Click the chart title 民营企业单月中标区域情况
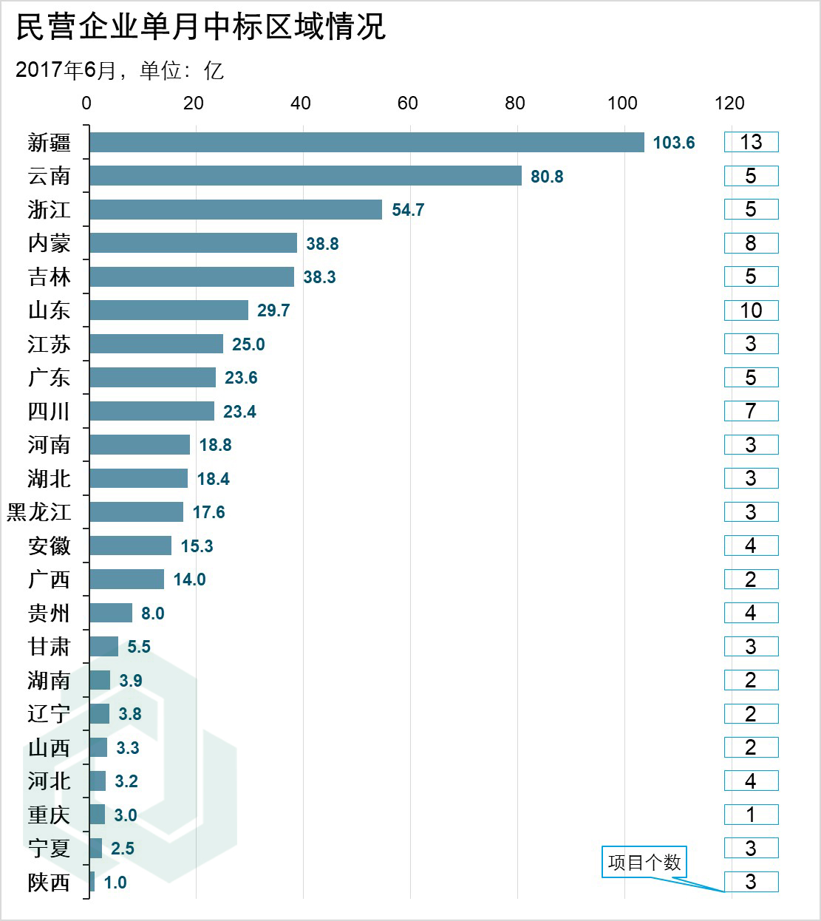pyautogui.click(x=201, y=27)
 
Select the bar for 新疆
pyautogui.click(x=367, y=142)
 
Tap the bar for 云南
pyautogui.click(x=305, y=176)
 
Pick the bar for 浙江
pyautogui.click(x=236, y=209)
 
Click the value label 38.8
pyautogui.click(x=322, y=243)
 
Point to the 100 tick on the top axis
pyautogui.click(x=621, y=103)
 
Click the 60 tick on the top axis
pyautogui.click(x=408, y=103)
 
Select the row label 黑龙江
pyautogui.click(x=39, y=512)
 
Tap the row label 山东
pyautogui.click(x=50, y=310)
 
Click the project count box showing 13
pyautogui.click(x=751, y=142)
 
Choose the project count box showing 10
pyautogui.click(x=751, y=310)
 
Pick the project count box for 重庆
pyautogui.click(x=751, y=815)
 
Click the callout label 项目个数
pyautogui.click(x=644, y=863)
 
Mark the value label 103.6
pyautogui.click(x=674, y=143)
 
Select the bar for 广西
pyautogui.click(x=126, y=580)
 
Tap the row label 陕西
pyautogui.click(x=50, y=882)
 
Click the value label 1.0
pyautogui.click(x=115, y=883)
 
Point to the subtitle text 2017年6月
pyautogui.click(x=67, y=70)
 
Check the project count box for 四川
pyautogui.click(x=751, y=411)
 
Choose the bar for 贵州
pyautogui.click(x=111, y=613)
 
